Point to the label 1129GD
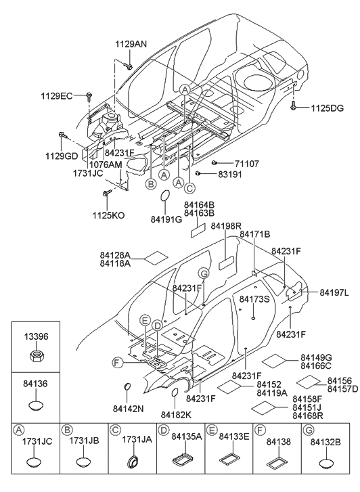(x=63, y=155)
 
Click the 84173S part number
(x=254, y=298)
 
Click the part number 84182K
(x=175, y=413)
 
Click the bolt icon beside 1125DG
(x=294, y=106)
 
